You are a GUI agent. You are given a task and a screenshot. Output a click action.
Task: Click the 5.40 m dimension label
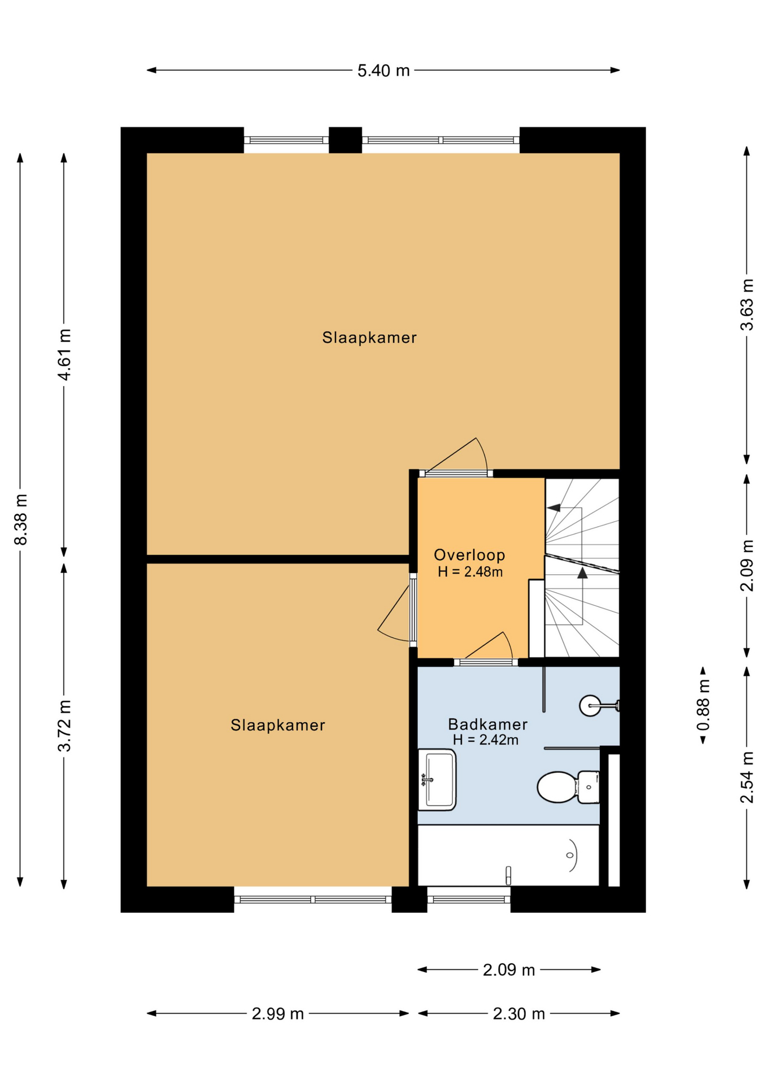coord(383,71)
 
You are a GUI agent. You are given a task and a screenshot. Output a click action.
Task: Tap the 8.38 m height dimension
coord(21,519)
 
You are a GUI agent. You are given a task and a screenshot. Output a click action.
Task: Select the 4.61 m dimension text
coord(65,355)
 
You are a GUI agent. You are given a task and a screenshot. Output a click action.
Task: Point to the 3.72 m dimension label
coord(65,725)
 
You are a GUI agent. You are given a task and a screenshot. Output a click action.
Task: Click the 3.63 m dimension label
coord(747,304)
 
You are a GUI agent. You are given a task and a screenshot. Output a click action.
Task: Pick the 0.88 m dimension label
coord(703,705)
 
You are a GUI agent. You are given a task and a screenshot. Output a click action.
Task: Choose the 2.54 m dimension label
coord(747,777)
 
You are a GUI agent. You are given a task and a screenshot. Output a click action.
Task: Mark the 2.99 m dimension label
coord(277,1013)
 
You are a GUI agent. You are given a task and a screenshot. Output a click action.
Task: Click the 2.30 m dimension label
coord(518,1013)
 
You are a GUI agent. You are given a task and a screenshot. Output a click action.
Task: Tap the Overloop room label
coord(469,554)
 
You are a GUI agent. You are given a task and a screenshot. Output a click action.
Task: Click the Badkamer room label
coord(487,724)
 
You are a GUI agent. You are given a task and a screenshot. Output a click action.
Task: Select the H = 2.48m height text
coord(470,571)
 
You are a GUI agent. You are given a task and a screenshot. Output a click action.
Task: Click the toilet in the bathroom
coord(568,786)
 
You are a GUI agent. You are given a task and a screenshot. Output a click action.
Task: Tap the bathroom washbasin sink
coord(437,779)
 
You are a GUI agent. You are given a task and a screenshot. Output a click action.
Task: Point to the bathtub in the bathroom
coord(508,855)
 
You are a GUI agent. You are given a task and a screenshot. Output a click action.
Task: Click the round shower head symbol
coord(590,705)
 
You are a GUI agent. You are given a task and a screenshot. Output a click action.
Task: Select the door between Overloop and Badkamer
coord(486,662)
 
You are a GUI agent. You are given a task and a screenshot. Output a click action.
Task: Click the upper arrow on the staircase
coord(554,508)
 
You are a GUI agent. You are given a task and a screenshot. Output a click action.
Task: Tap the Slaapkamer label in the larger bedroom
coord(369,337)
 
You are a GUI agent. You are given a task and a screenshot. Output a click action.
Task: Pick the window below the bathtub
coord(469,898)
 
